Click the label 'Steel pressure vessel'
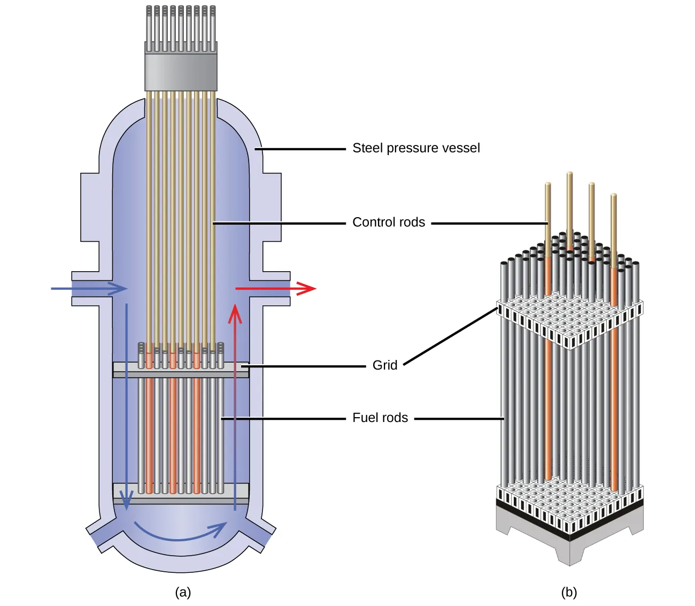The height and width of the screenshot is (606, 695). click(416, 148)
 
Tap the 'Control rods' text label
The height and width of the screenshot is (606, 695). click(389, 223)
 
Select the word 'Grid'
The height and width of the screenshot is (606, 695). click(385, 365)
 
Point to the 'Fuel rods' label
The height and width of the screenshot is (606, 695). click(380, 418)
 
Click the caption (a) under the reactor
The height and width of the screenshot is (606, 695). click(183, 592)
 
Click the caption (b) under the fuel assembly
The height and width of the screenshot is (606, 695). click(569, 592)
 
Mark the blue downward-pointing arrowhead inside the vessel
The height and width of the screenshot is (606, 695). click(126, 500)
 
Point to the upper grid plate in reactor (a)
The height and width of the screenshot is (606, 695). click(181, 369)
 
